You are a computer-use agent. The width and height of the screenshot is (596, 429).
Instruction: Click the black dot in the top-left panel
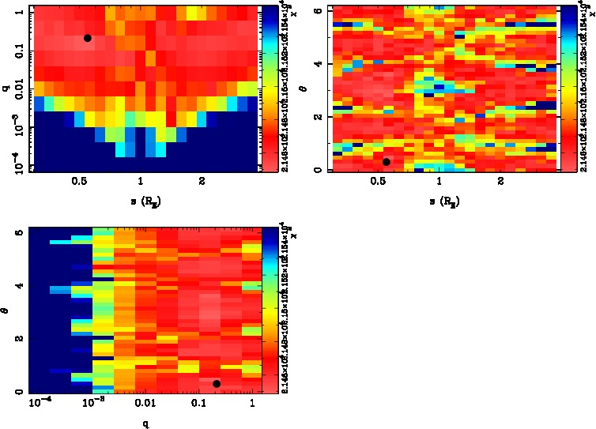tap(88, 38)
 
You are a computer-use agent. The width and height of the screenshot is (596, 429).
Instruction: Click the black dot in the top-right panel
tap(387, 162)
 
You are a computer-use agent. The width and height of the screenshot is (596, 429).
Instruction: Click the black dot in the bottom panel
tap(217, 384)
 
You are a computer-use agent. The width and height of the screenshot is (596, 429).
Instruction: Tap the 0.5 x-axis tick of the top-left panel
tap(79, 182)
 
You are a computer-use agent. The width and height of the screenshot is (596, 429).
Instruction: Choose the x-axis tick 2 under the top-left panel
tap(202, 182)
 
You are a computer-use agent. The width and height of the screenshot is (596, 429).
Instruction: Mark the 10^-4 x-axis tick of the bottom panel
tap(40, 405)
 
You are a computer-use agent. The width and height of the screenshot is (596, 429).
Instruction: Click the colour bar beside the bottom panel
tap(270, 310)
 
